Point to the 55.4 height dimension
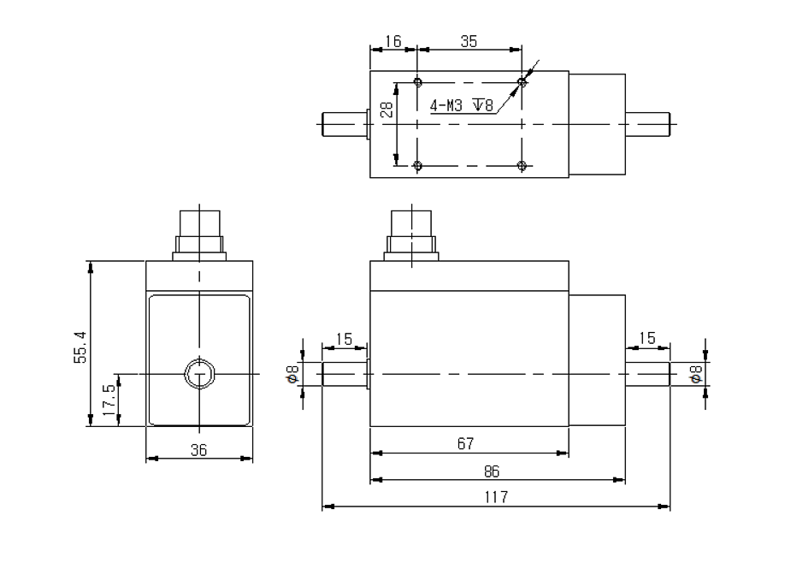[x=80, y=345]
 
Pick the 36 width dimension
[x=198, y=450]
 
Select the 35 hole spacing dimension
[x=469, y=39]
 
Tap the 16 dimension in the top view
[x=392, y=39]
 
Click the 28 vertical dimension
[x=387, y=110]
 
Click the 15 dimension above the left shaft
[x=344, y=339]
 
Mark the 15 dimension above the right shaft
[x=647, y=339]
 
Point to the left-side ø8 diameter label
[x=293, y=374]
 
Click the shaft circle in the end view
[x=199, y=374]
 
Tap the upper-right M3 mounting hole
[x=522, y=82]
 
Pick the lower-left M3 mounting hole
[x=417, y=164]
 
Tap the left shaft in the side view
[x=344, y=375]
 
